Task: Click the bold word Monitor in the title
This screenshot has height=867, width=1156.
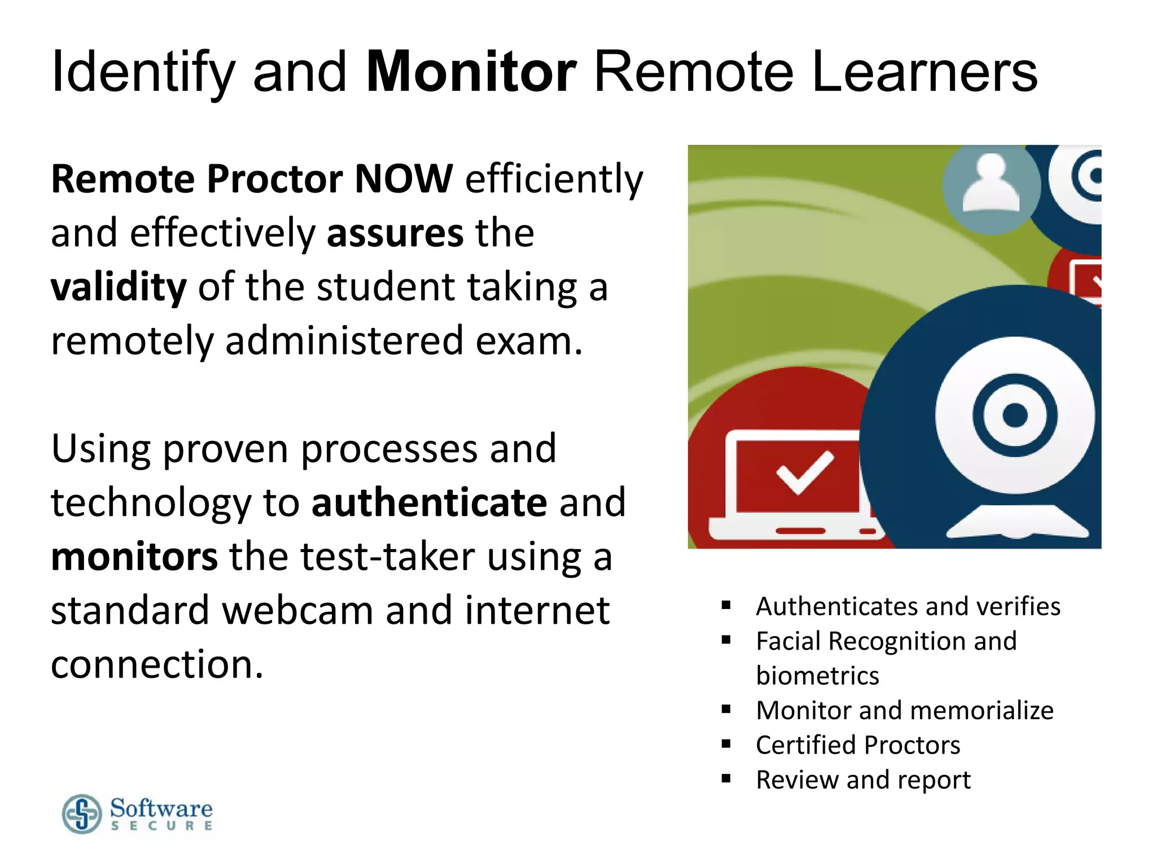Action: (471, 72)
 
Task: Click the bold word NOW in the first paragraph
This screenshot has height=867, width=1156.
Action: (404, 179)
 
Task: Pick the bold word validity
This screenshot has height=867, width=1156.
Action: (119, 287)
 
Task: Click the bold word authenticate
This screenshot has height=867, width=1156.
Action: (429, 502)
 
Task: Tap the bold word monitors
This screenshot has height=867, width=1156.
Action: (134, 557)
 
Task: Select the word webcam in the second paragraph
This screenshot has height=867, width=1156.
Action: (297, 611)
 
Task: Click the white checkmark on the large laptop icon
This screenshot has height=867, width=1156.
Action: (804, 471)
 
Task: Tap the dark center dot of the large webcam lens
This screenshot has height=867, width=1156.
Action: (1015, 415)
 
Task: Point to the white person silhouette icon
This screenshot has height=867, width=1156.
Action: (991, 185)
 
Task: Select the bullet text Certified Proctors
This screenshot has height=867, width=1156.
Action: (858, 745)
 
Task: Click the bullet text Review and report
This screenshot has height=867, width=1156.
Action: (863, 780)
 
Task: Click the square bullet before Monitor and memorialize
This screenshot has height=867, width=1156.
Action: (726, 710)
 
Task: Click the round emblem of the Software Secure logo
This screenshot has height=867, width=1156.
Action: (82, 814)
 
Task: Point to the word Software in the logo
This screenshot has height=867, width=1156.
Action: (161, 808)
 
